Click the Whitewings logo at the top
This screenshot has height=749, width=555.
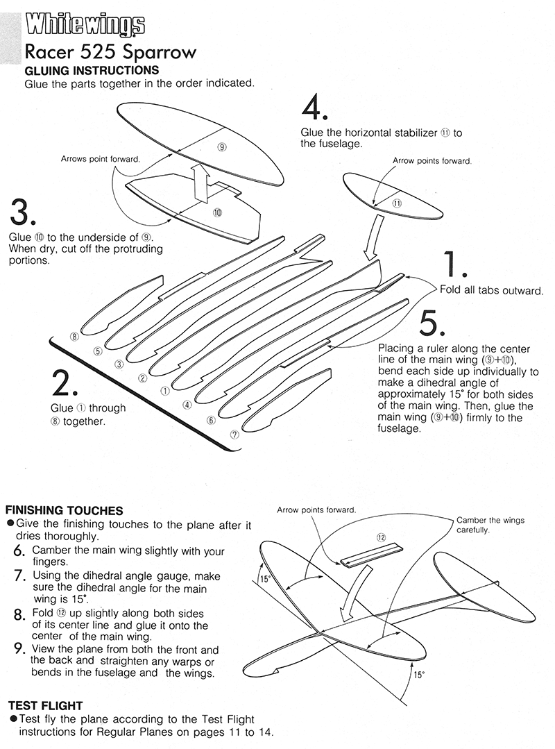coord(85,26)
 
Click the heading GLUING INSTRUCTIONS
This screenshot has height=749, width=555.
coord(92,71)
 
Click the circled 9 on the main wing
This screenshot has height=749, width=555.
coord(221,146)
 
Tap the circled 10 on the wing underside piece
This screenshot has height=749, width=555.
coord(217,212)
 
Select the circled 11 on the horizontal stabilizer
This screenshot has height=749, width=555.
coord(396,203)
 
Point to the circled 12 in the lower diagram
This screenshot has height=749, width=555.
coord(381,537)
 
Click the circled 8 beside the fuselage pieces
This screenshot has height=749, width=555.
coord(75,337)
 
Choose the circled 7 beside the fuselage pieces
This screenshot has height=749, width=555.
coord(234,435)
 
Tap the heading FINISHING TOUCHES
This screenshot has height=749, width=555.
coord(65,510)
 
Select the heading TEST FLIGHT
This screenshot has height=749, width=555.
coord(46,705)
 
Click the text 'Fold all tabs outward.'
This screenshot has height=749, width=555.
coord(490,289)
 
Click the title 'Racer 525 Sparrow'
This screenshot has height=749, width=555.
coord(110,53)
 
